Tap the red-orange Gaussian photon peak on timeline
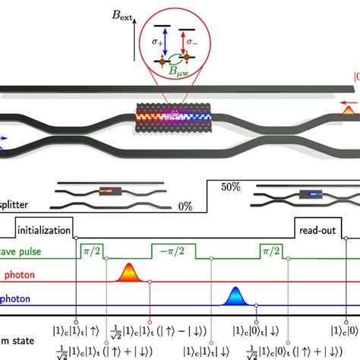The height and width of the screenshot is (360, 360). tap(128, 271)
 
